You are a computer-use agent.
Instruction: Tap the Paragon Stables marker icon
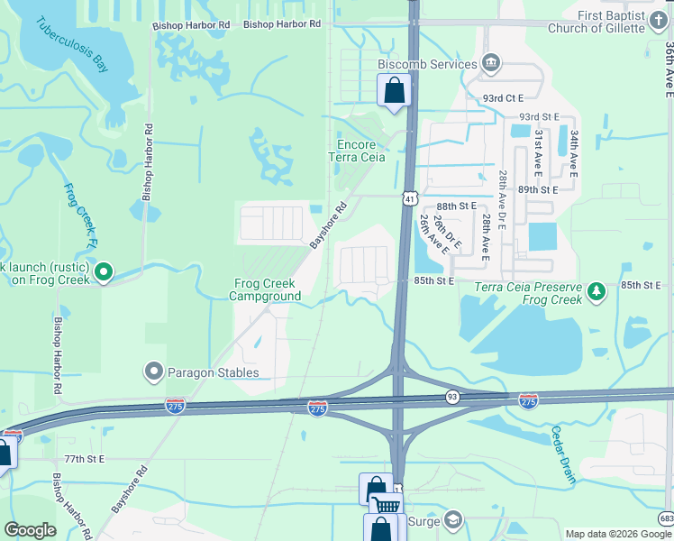[153, 371]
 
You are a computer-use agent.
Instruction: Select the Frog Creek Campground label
[264, 289]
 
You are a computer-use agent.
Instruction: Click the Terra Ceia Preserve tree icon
[596, 291]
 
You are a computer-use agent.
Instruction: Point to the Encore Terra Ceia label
[360, 151]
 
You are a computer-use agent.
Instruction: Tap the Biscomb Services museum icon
[491, 63]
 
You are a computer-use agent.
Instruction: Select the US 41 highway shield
[410, 197]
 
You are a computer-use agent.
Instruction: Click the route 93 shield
[452, 397]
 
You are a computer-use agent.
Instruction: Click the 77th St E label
[86, 459]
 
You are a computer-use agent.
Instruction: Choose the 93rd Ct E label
[501, 97]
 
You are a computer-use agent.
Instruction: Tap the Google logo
[30, 529]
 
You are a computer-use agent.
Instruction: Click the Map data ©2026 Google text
[617, 534]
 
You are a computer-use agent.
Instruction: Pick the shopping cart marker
[387, 506]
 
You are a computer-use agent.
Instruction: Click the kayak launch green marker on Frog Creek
[104, 270]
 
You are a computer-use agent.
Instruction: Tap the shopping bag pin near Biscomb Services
[394, 90]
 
